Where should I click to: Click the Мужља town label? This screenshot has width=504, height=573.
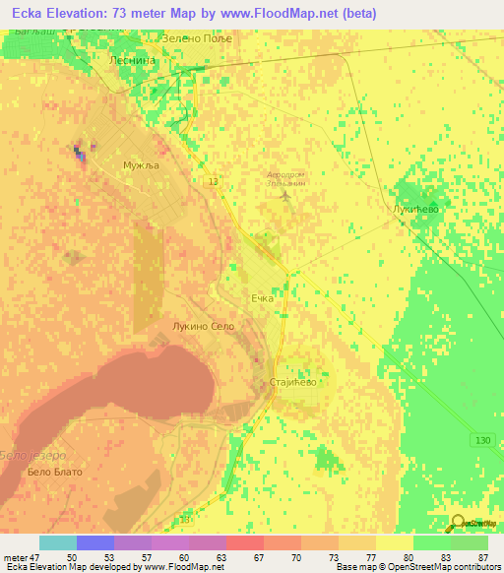(x=140, y=165)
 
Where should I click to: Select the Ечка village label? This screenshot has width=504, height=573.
(x=262, y=296)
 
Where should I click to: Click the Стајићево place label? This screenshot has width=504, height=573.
(x=293, y=382)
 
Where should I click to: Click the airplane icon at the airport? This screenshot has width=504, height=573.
(x=285, y=195)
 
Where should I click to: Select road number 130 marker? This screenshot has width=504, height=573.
(x=479, y=439)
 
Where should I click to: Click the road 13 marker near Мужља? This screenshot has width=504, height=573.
(x=214, y=181)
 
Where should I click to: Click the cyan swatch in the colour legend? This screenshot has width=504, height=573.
(x=57, y=542)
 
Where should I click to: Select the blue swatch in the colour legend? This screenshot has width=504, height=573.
(x=94, y=542)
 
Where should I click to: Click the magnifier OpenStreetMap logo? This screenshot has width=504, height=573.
(x=460, y=523)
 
